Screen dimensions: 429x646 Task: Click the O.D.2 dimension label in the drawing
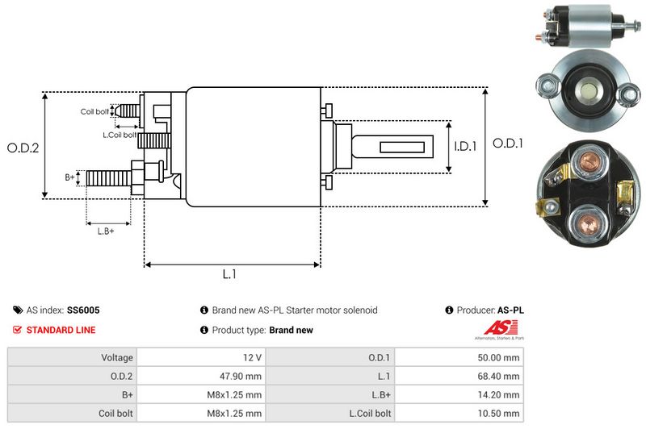coord(23,148)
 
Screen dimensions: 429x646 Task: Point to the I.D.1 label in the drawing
coord(467,147)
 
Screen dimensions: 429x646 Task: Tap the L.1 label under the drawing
coord(229,274)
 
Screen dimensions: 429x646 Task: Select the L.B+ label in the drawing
coord(106,231)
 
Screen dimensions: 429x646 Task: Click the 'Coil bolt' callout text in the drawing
coord(94,111)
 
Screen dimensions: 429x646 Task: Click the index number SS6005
coord(84,310)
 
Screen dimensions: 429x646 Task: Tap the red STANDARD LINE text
coord(61,330)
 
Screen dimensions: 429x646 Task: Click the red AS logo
coord(495,327)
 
